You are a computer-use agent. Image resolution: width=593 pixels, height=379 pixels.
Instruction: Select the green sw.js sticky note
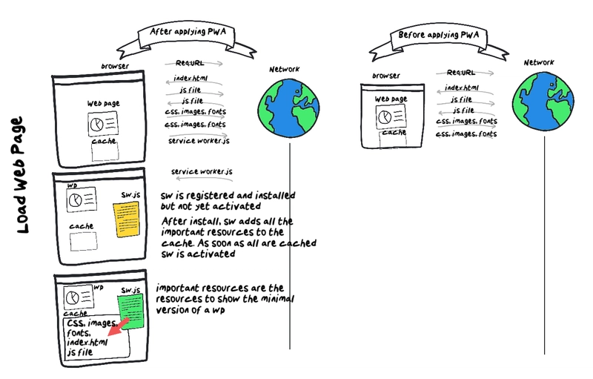tap(129, 309)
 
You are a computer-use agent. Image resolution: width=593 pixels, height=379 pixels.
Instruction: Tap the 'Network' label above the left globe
tap(285, 70)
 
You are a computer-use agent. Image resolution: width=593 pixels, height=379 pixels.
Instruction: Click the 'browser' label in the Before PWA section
tap(386, 76)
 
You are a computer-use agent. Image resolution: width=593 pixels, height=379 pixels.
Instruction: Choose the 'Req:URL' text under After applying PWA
tap(191, 65)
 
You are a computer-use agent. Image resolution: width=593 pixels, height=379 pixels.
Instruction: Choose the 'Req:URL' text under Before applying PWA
tap(462, 73)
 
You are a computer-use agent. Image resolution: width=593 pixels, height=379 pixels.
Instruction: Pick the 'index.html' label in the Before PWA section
tap(463, 87)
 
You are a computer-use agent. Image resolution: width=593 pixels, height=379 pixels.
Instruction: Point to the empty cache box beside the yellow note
tap(79, 241)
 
